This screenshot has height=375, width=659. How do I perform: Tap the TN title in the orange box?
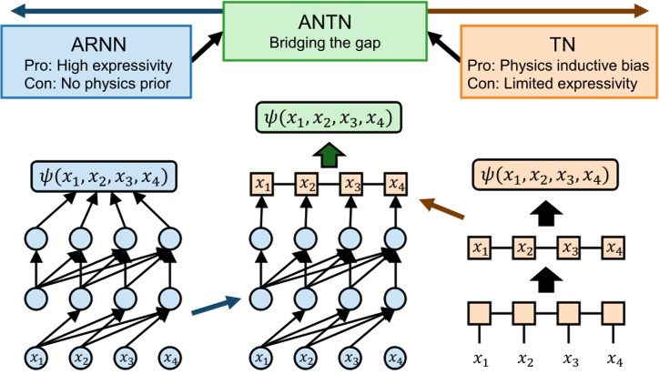click(x=559, y=45)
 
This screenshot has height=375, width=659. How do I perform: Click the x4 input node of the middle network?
click(x=394, y=355)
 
